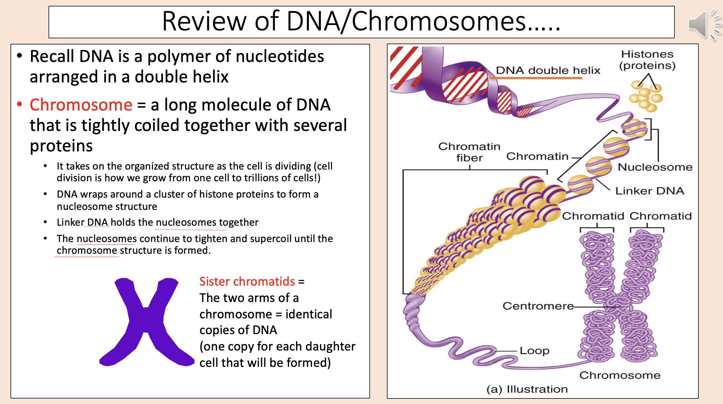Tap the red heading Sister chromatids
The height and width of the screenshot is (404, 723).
pyautogui.click(x=247, y=281)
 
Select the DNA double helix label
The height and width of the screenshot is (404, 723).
pyautogui.click(x=548, y=70)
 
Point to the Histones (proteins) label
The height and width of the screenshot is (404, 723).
pyautogui.click(x=647, y=60)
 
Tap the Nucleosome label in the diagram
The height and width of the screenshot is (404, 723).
pyautogui.click(x=655, y=167)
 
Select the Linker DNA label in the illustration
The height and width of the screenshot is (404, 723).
pyautogui.click(x=650, y=191)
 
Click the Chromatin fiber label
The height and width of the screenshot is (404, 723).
pyautogui.click(x=469, y=152)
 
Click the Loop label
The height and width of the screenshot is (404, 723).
pyautogui.click(x=534, y=351)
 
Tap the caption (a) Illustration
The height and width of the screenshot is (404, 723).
pyautogui.click(x=527, y=389)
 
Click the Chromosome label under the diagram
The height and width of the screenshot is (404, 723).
pyautogui.click(x=620, y=375)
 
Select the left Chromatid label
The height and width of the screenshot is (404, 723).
pyautogui.click(x=593, y=216)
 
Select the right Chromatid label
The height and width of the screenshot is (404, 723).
pyautogui.click(x=660, y=216)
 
